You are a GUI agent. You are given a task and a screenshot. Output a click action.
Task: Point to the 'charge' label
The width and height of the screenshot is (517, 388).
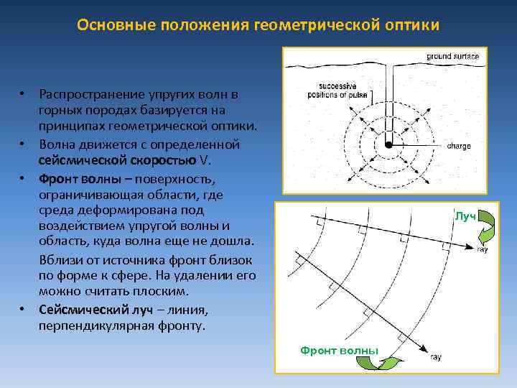pos(459,145)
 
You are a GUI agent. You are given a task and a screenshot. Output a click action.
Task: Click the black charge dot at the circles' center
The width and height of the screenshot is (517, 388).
pos(388,144)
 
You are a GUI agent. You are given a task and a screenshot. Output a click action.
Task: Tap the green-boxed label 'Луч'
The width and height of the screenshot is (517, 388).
pos(465,216)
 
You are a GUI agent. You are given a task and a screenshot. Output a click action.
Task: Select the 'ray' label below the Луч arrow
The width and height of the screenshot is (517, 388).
pos(483,250)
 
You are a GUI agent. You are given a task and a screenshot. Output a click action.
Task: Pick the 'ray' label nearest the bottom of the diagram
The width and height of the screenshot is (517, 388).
pos(435,357)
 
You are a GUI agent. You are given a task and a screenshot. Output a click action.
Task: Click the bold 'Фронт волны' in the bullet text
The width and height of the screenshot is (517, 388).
pos(75,177)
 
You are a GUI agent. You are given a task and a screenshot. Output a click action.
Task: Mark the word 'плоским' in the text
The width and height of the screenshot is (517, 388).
pos(164,292)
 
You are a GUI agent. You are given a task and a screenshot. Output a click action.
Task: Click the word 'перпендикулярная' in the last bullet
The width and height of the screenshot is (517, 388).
pos(96,325)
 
